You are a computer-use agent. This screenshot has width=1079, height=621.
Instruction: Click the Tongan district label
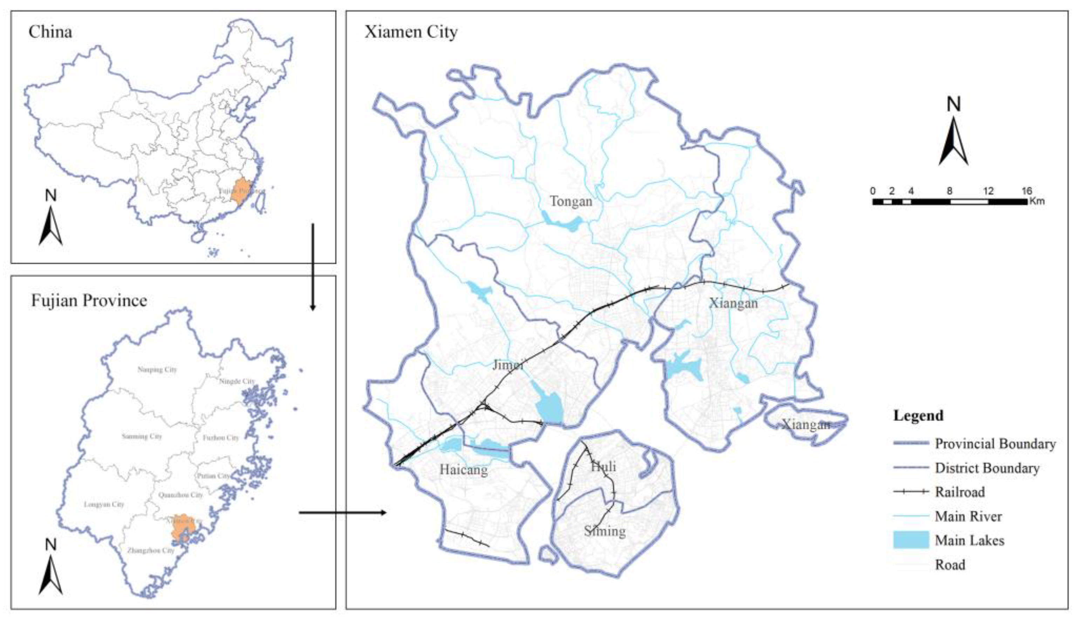571,201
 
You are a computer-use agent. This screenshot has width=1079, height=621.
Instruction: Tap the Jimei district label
508,365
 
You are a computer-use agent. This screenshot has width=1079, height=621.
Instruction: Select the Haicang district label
463,470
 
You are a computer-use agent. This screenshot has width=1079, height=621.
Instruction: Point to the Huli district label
603,467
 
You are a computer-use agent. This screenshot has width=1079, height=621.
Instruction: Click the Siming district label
605,531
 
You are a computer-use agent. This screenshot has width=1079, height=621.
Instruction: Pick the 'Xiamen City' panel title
411,32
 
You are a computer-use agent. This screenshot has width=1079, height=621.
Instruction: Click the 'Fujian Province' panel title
89,301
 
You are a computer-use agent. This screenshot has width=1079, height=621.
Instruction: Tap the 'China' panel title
50,32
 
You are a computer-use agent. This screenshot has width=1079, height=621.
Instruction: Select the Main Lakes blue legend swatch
911,540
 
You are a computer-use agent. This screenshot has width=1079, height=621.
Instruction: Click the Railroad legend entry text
960,492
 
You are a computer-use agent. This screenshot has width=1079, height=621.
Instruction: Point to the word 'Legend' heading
918,415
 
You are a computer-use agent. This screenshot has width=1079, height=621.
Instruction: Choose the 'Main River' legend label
969,517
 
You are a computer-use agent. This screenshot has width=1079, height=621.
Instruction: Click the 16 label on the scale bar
1026,191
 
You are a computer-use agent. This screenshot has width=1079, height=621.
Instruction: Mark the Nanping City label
157,370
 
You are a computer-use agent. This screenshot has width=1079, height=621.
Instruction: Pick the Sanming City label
142,436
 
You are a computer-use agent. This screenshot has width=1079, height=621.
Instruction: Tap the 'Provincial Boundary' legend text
995,443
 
